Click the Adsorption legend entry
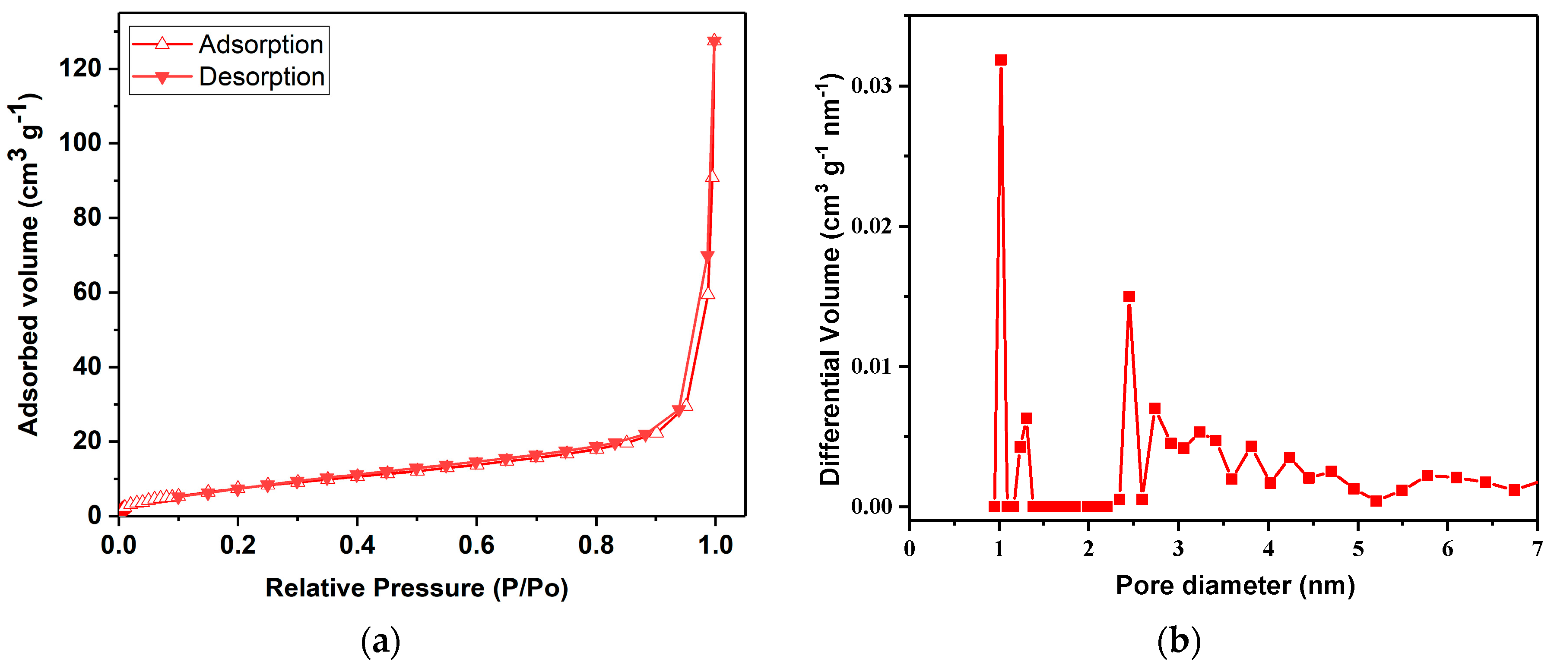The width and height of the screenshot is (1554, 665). pos(260,44)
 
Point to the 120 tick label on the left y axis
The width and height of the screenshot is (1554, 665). pos(79,68)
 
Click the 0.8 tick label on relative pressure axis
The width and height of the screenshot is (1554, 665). pos(596,545)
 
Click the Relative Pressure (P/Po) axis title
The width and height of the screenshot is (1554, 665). pos(417,588)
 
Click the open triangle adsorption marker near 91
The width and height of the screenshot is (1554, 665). pos(713,176)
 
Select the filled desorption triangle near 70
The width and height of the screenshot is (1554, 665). pos(707,257)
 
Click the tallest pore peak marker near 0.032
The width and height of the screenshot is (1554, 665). pos(1001,60)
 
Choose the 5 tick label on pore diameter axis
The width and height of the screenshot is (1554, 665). pos(1358,549)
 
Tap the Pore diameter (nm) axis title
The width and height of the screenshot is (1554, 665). pos(1235,586)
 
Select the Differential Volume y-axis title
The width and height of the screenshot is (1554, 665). pos(830,278)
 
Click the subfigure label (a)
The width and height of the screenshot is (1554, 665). pos(380,642)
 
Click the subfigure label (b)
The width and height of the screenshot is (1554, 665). pos(1178,642)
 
